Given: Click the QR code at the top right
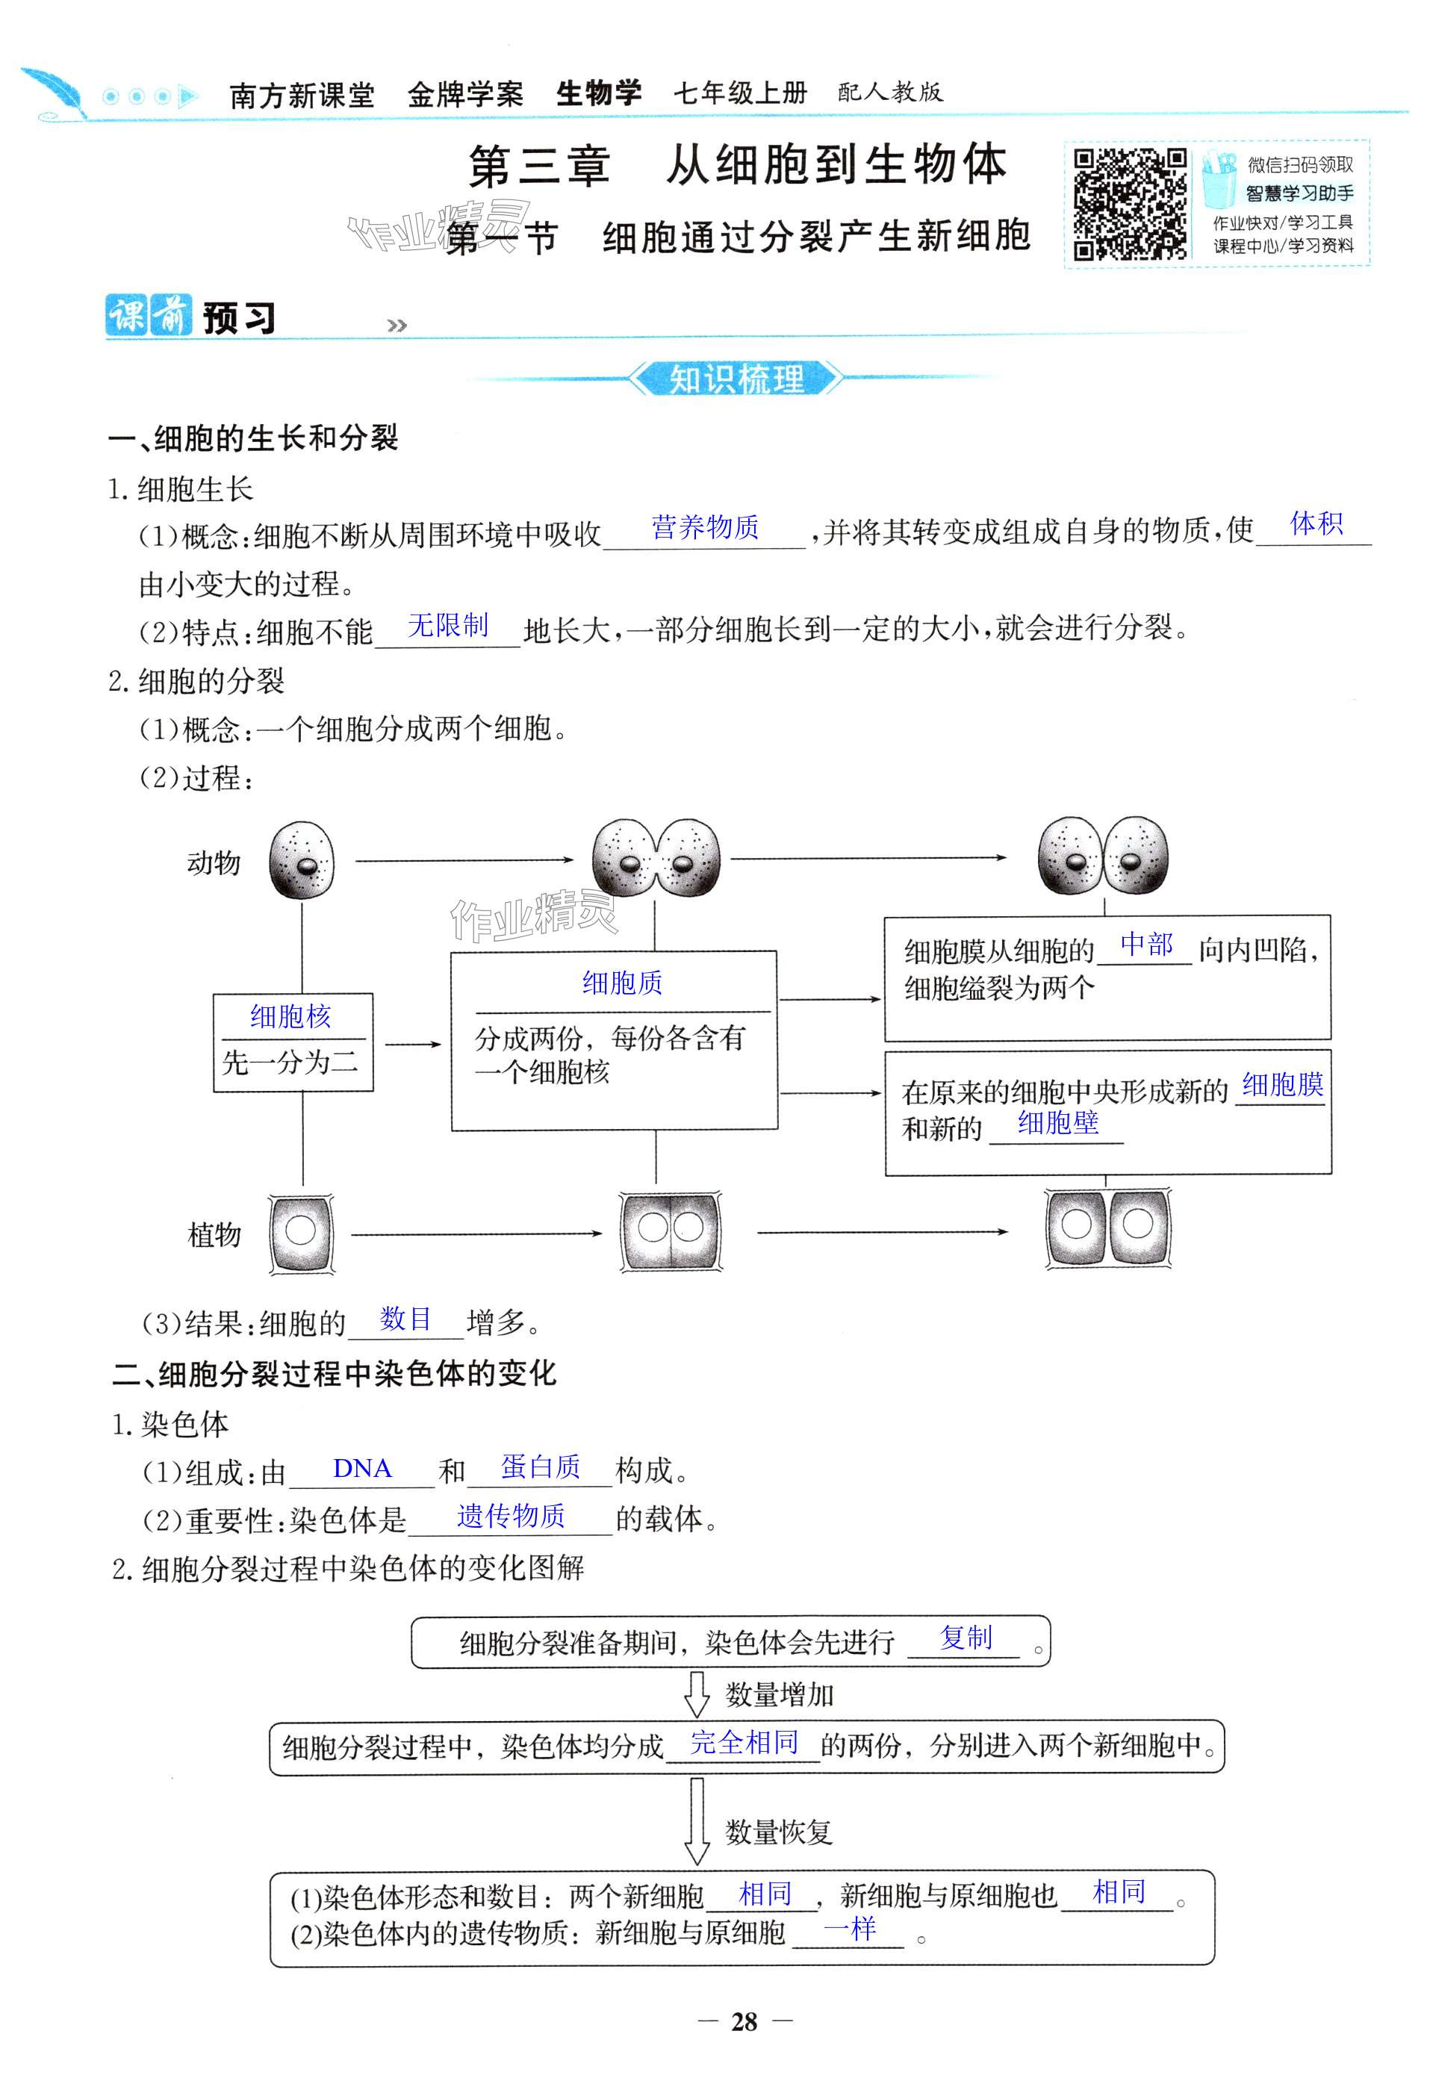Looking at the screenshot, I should point(1129,204).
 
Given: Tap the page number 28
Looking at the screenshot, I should point(744,2022).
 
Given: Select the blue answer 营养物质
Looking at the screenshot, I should point(705,527).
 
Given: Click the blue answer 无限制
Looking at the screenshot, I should point(447,625).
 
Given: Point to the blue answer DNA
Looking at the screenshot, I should point(362,1468).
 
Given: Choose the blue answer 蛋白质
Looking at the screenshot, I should point(541,1467).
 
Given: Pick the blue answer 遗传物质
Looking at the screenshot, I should point(511,1516).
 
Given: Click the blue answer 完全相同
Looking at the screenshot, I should point(744,1743).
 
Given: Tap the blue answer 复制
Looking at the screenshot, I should point(966,1638).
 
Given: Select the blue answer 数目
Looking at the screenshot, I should point(405,1319).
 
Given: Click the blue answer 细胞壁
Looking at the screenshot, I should point(1057,1122).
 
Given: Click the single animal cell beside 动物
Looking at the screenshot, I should point(302,861).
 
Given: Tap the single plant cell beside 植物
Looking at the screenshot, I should point(301,1233).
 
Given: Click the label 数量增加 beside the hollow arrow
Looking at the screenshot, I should point(779,1695).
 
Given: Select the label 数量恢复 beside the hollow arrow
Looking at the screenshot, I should point(779,1831).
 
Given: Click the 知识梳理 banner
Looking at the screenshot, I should point(736,379).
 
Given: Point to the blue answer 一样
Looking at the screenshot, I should point(849,1928).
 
